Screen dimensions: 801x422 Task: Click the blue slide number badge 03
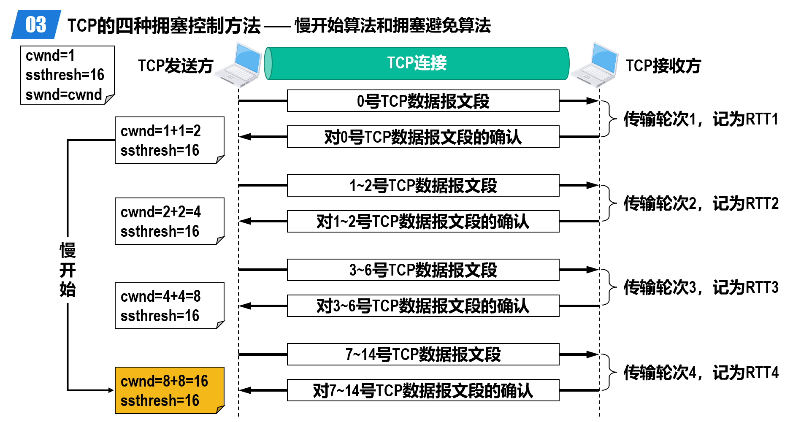36,24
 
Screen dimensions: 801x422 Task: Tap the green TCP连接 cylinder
417,63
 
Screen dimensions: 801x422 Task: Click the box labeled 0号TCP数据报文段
423,101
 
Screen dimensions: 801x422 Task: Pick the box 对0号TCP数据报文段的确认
423,137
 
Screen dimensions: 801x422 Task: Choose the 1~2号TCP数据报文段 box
423,185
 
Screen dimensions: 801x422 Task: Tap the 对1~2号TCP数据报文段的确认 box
423,221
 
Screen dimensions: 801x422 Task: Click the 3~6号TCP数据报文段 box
423,270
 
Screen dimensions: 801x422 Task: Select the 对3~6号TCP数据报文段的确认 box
423,306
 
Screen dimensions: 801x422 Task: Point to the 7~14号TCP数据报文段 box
423,354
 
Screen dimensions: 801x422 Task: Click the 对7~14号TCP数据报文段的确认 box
423,390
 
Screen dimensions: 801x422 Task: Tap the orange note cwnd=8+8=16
170,390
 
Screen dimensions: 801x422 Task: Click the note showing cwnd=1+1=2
170,140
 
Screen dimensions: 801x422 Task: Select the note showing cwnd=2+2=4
170,221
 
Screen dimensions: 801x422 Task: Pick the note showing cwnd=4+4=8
170,306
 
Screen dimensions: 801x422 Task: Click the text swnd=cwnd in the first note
64,95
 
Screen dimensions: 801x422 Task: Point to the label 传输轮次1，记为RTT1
701,119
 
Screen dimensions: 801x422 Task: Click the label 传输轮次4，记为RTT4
701,372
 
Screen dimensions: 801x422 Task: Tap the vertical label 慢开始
68,270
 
